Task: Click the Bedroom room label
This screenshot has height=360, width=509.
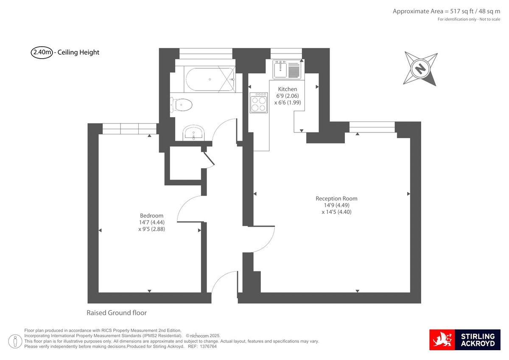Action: click(151, 216)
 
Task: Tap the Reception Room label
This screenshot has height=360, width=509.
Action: click(336, 198)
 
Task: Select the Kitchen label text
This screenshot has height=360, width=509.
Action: click(287, 89)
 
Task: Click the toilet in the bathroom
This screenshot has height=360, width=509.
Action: click(182, 104)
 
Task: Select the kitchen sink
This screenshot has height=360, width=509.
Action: click(287, 69)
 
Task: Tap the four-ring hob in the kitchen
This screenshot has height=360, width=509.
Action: click(259, 103)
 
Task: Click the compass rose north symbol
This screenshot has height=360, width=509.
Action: click(420, 68)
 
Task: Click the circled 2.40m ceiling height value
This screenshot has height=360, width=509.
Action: click(42, 53)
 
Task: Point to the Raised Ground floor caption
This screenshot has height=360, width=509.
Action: click(117, 313)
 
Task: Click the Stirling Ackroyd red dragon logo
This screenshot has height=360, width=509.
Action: click(442, 340)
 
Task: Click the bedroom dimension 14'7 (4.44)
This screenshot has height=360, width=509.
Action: click(151, 222)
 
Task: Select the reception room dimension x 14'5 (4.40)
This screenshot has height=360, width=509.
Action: click(336, 212)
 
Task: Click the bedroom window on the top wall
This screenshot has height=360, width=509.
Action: click(129, 128)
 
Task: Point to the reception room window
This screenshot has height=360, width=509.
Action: click(372, 127)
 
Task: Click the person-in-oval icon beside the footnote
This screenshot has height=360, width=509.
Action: click(16, 340)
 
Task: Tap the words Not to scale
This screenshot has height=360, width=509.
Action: click(490, 20)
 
